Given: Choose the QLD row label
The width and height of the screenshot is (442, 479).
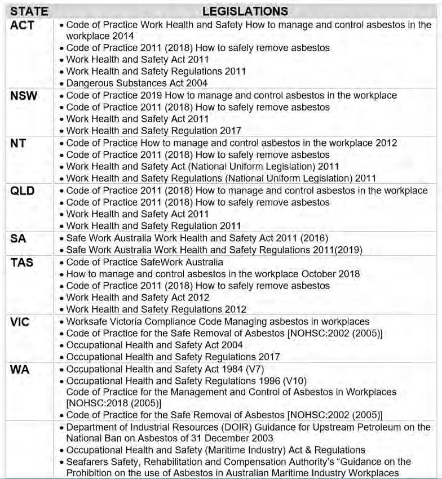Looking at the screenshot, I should [23, 191].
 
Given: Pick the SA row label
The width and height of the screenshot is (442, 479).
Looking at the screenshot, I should [18, 238].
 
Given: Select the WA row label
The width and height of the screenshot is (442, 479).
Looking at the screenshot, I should [20, 370].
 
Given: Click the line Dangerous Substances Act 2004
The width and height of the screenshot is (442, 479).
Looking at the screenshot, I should [137, 83].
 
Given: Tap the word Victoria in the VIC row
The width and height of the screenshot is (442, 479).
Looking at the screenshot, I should [126, 321].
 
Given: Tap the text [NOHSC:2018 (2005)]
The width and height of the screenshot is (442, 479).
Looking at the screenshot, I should [114, 403].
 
